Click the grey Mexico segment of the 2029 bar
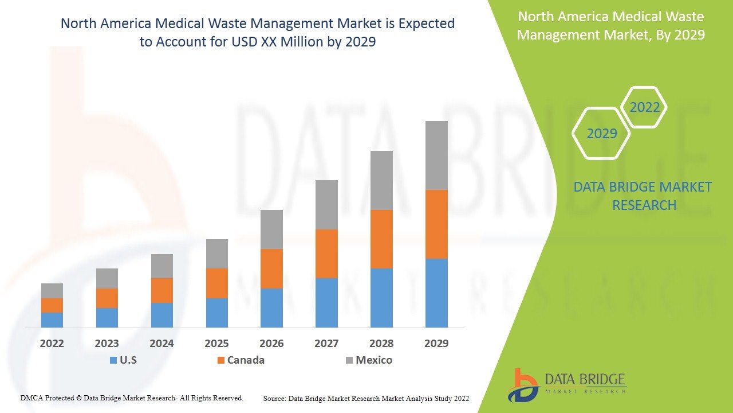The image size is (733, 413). tap(436, 155)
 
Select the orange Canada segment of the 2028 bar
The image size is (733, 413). tap(381, 239)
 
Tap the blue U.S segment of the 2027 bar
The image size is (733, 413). tap(326, 303)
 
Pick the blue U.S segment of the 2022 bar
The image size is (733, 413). tap(52, 320)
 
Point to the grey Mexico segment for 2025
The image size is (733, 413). tap(217, 254)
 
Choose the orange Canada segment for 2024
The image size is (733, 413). tap(162, 290)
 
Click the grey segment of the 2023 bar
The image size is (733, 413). tap(107, 278)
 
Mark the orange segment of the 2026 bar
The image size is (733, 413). tap(271, 268)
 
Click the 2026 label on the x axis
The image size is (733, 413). tap(271, 344)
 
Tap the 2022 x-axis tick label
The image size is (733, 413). tap(52, 344)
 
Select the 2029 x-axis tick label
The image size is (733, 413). tap(436, 344)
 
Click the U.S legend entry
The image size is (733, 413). tap(123, 360)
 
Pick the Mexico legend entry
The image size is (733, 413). tap(369, 360)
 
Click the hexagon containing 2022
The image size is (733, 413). tap(644, 107)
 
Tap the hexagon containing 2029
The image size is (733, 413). tap(601, 134)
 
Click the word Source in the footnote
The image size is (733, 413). tap(274, 398)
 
